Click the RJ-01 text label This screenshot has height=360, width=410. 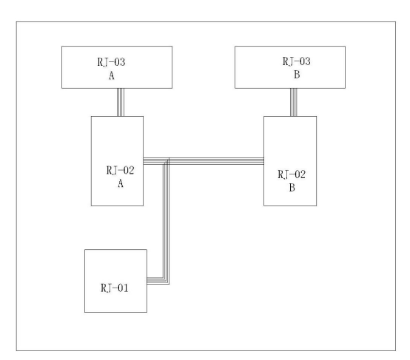(x=115, y=288)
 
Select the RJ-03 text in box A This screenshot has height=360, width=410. (x=112, y=62)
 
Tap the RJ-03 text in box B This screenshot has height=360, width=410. (x=297, y=61)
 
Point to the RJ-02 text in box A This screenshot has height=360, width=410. (x=121, y=170)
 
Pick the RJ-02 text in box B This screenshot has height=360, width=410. (x=292, y=174)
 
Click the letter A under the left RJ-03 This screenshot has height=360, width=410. (x=112, y=75)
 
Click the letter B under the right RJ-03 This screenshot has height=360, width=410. (x=297, y=75)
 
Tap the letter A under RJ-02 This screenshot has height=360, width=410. (x=121, y=183)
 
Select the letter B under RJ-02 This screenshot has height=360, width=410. (x=292, y=188)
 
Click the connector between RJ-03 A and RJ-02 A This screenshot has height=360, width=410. (x=121, y=102)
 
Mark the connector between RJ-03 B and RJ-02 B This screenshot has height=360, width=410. (x=293, y=102)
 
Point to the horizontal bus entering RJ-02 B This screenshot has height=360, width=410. (x=217, y=161)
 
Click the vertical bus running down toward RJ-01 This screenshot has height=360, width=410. (x=166, y=222)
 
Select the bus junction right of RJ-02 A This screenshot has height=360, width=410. (x=166, y=161)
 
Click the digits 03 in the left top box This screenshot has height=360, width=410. (x=120, y=62)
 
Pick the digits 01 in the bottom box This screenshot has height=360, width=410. (x=123, y=288)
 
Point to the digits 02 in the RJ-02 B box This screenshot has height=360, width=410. (x=300, y=174)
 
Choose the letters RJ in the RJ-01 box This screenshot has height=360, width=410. (x=106, y=288)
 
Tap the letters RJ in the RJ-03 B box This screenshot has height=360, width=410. (x=288, y=61)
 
